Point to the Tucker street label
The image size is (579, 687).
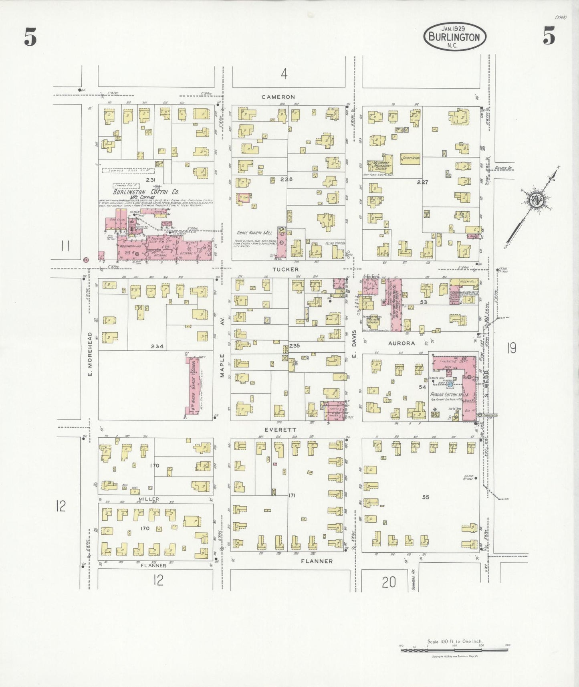click(x=286, y=269)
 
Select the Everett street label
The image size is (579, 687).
click(x=286, y=430)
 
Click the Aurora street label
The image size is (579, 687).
click(x=401, y=343)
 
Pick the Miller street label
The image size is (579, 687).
click(x=149, y=499)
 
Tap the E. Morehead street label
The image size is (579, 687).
click(x=90, y=354)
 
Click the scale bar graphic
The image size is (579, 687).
click(x=454, y=650)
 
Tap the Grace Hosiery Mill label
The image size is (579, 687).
click(x=254, y=232)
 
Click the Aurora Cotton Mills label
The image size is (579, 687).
click(x=449, y=395)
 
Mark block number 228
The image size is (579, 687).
click(x=286, y=179)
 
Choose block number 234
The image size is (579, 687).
click(x=157, y=346)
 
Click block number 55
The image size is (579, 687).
click(x=426, y=497)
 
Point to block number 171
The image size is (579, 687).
click(x=292, y=496)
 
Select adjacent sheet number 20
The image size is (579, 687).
click(x=388, y=582)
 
